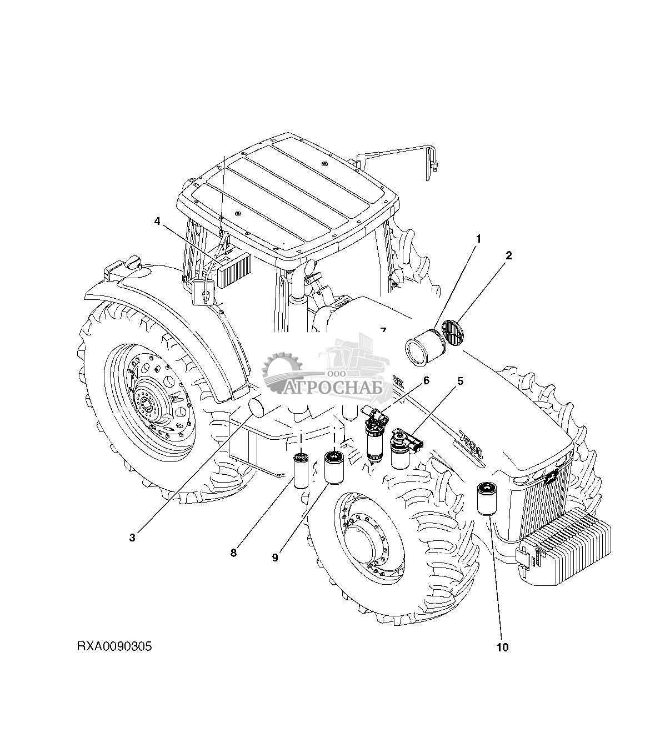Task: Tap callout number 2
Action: coord(508,255)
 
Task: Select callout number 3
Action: coord(132,537)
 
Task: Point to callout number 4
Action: coord(157,221)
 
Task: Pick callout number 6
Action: coord(426,380)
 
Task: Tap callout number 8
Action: coord(233,553)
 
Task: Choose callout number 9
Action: coord(275,557)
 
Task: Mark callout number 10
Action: coord(502,646)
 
